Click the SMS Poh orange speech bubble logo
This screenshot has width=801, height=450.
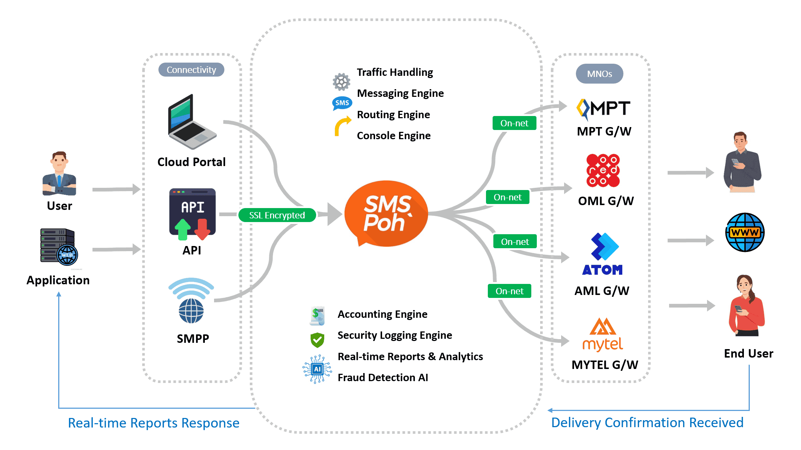point(386,213)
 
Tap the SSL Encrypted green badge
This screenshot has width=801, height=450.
point(277,215)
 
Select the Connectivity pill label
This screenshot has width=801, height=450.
point(191,70)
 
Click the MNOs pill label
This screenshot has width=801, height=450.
point(599,74)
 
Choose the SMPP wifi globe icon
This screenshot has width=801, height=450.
point(191,300)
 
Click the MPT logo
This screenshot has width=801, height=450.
point(604,109)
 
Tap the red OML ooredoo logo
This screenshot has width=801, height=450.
point(603,170)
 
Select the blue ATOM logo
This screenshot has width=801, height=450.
point(603,254)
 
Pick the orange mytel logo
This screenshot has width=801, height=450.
point(603,334)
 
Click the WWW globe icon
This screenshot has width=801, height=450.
point(745,232)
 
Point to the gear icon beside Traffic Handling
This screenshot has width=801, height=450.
point(342,82)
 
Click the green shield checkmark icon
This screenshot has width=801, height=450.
point(317,340)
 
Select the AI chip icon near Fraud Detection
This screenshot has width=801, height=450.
point(317,369)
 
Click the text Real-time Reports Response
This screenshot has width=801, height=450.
point(154,423)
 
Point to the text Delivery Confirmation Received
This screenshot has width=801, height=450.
point(647,422)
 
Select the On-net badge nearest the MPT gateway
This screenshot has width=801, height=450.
point(514,123)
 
